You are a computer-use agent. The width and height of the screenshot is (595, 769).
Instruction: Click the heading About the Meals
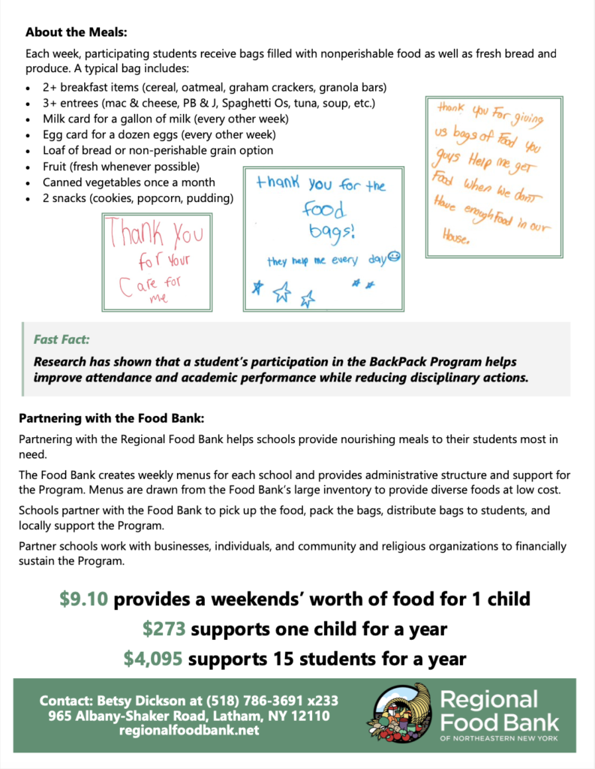tap(77, 33)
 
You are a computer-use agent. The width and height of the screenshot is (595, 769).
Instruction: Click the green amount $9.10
tap(86, 599)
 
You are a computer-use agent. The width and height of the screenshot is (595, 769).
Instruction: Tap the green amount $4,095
tap(153, 659)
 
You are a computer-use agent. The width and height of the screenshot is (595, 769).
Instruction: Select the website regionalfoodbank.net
tap(189, 730)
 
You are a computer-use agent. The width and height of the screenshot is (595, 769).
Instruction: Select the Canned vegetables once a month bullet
tap(128, 182)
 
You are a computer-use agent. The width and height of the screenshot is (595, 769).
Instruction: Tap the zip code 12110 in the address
tap(305, 716)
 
